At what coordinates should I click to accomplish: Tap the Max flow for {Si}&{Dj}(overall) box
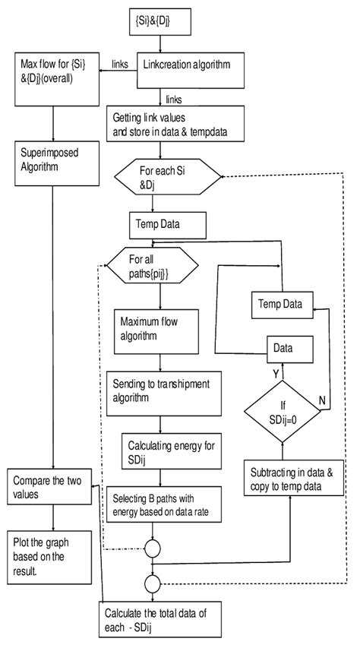click(52, 77)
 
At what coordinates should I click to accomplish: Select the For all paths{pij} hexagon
click(153, 268)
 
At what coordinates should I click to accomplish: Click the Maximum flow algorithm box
click(158, 330)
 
